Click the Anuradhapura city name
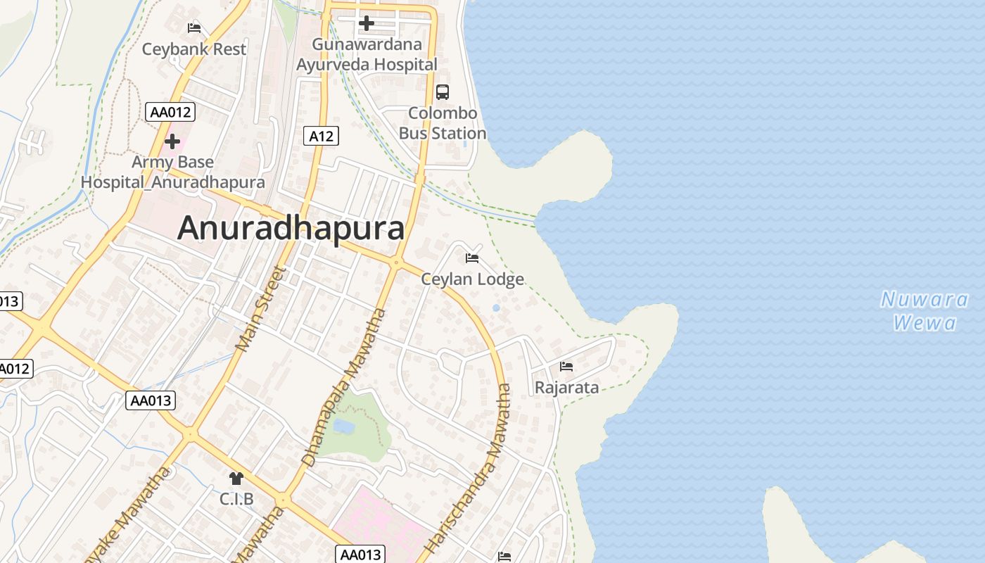pyautogui.click(x=291, y=228)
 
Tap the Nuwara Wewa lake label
pyautogui.click(x=924, y=311)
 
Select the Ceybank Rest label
pyautogui.click(x=194, y=49)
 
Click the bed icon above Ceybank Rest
pyautogui.click(x=194, y=28)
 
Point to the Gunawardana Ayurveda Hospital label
pyautogui.click(x=367, y=54)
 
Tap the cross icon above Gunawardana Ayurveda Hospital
pyautogui.click(x=366, y=23)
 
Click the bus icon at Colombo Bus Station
pyautogui.click(x=443, y=91)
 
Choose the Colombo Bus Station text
pyautogui.click(x=443, y=123)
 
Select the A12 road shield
pyautogui.click(x=321, y=136)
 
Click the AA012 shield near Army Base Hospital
pyautogui.click(x=170, y=112)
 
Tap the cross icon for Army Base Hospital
pyautogui.click(x=172, y=142)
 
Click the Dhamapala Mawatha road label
pyautogui.click(x=344, y=387)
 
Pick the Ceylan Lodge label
pyautogui.click(x=473, y=279)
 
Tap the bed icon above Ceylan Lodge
pyautogui.click(x=472, y=258)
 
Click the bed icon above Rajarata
pyautogui.click(x=566, y=367)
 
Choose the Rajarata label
pyautogui.click(x=567, y=388)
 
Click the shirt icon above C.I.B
pyautogui.click(x=236, y=479)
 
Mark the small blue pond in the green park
pyautogui.click(x=343, y=426)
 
